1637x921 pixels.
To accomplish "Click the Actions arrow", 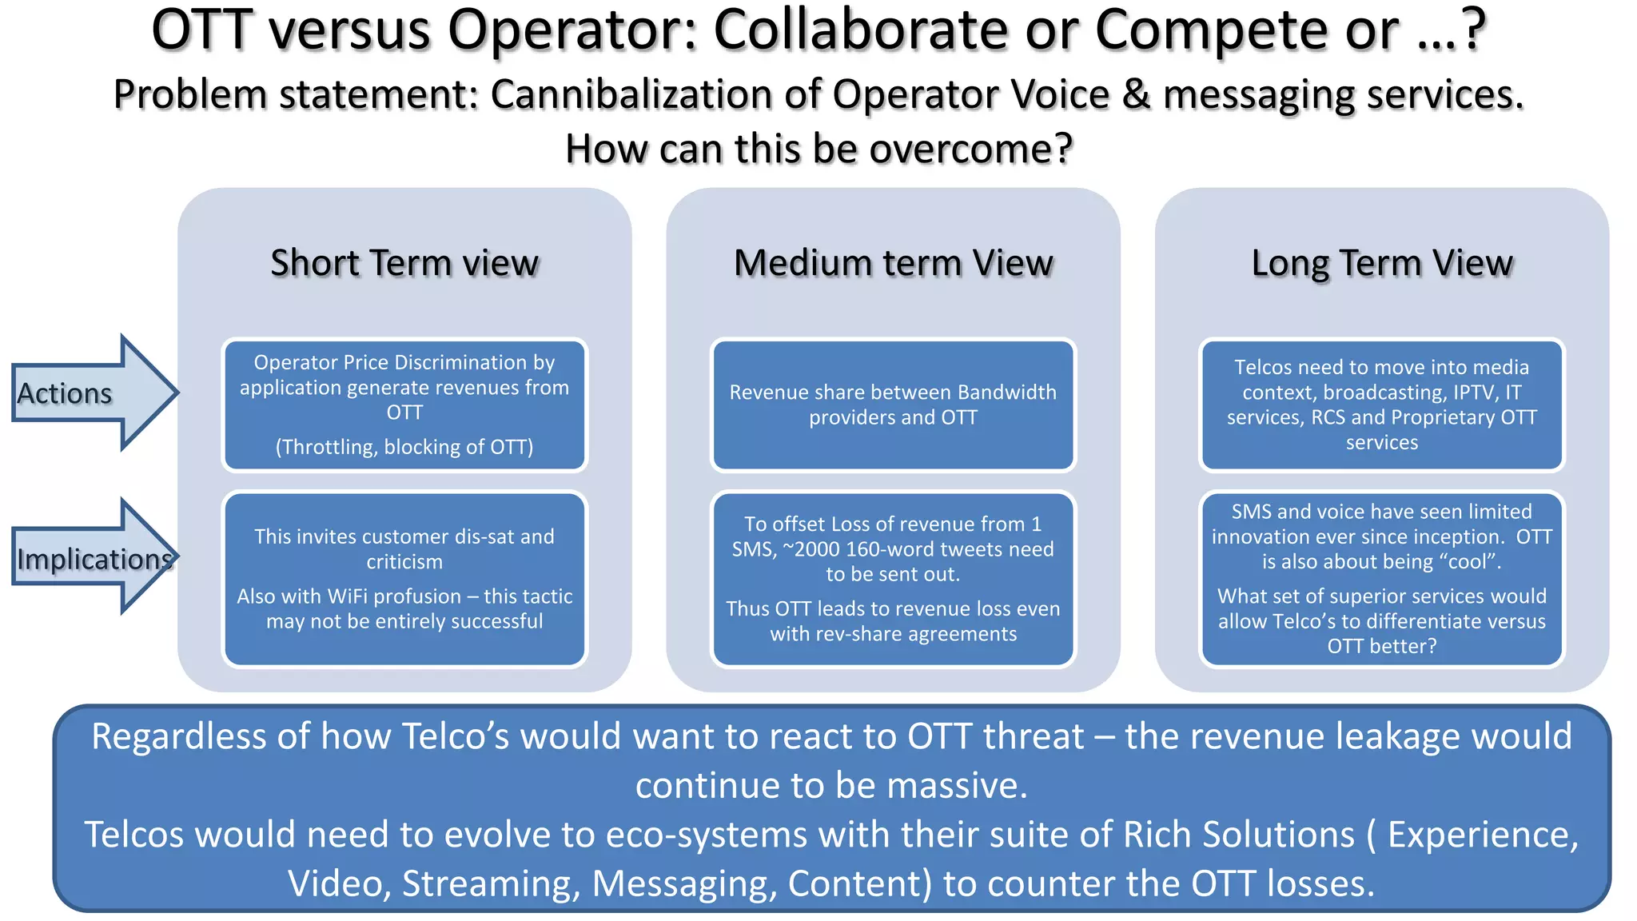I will coord(88,393).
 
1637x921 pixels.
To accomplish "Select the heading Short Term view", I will coord(404,263).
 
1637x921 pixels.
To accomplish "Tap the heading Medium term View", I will coord(893,263).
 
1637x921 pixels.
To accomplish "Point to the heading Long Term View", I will coord(1381,263).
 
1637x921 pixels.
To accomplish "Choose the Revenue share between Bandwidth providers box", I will coord(893,405).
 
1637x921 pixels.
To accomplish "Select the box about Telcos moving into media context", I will coord(1381,405).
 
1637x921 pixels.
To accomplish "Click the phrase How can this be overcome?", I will coord(818,149).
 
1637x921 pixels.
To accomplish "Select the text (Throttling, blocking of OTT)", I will coord(404,447).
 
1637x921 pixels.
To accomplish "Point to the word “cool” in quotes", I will coord(1468,562).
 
